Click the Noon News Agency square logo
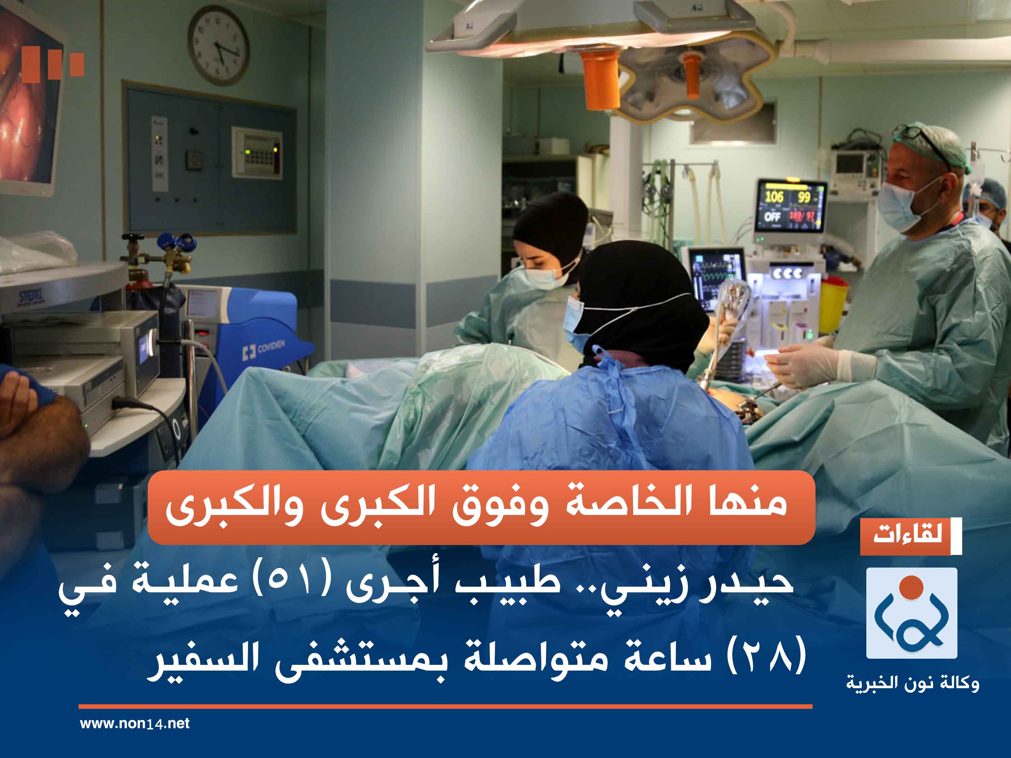coord(911,613)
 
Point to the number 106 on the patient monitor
coord(774,197)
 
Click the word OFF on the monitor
coord(772,216)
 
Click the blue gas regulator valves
coord(176,243)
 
